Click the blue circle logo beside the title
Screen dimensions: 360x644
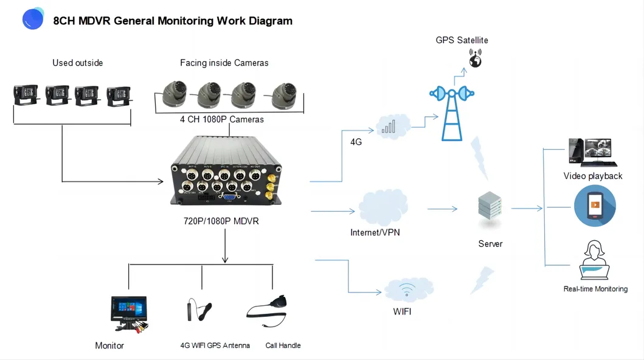pos(33,19)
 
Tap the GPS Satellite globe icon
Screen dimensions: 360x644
pos(474,59)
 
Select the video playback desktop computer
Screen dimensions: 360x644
pos(591,153)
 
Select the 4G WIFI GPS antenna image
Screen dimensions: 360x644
pos(199,310)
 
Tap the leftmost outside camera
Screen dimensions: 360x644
pos(26,95)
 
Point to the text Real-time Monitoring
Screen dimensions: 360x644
pos(595,289)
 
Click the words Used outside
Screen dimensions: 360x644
pos(77,63)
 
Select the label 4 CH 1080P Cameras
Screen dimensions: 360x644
pos(222,119)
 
